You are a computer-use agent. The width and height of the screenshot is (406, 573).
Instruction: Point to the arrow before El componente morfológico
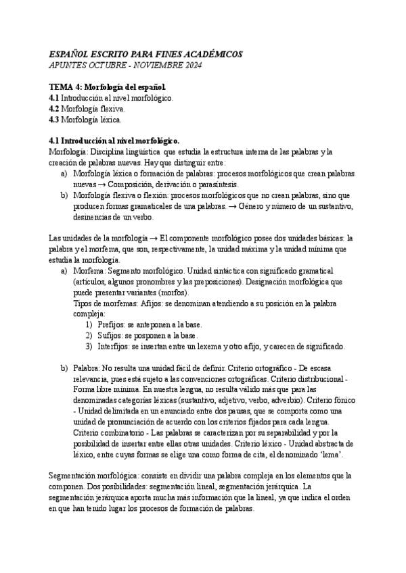154,239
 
